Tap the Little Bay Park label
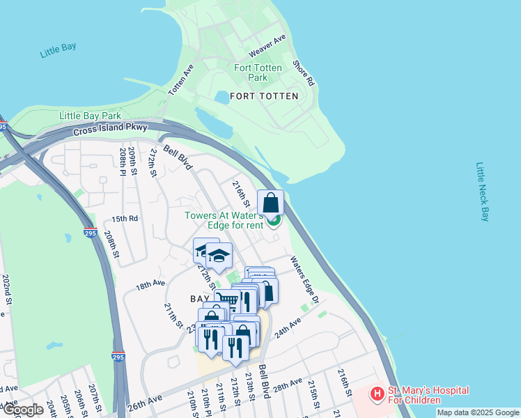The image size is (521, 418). point(91,116)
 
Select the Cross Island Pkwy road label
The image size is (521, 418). point(109,128)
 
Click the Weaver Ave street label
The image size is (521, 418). point(267,46)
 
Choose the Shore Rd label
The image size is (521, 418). point(304,72)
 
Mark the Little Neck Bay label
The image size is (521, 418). point(483,192)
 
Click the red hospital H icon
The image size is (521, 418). point(378,395)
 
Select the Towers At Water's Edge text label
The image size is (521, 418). point(224,220)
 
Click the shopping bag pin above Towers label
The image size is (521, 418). point(271,203)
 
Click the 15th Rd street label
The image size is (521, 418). point(125,218)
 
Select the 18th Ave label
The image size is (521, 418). point(150,285)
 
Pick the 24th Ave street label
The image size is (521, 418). point(287,328)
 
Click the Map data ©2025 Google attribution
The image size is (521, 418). point(477,412)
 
